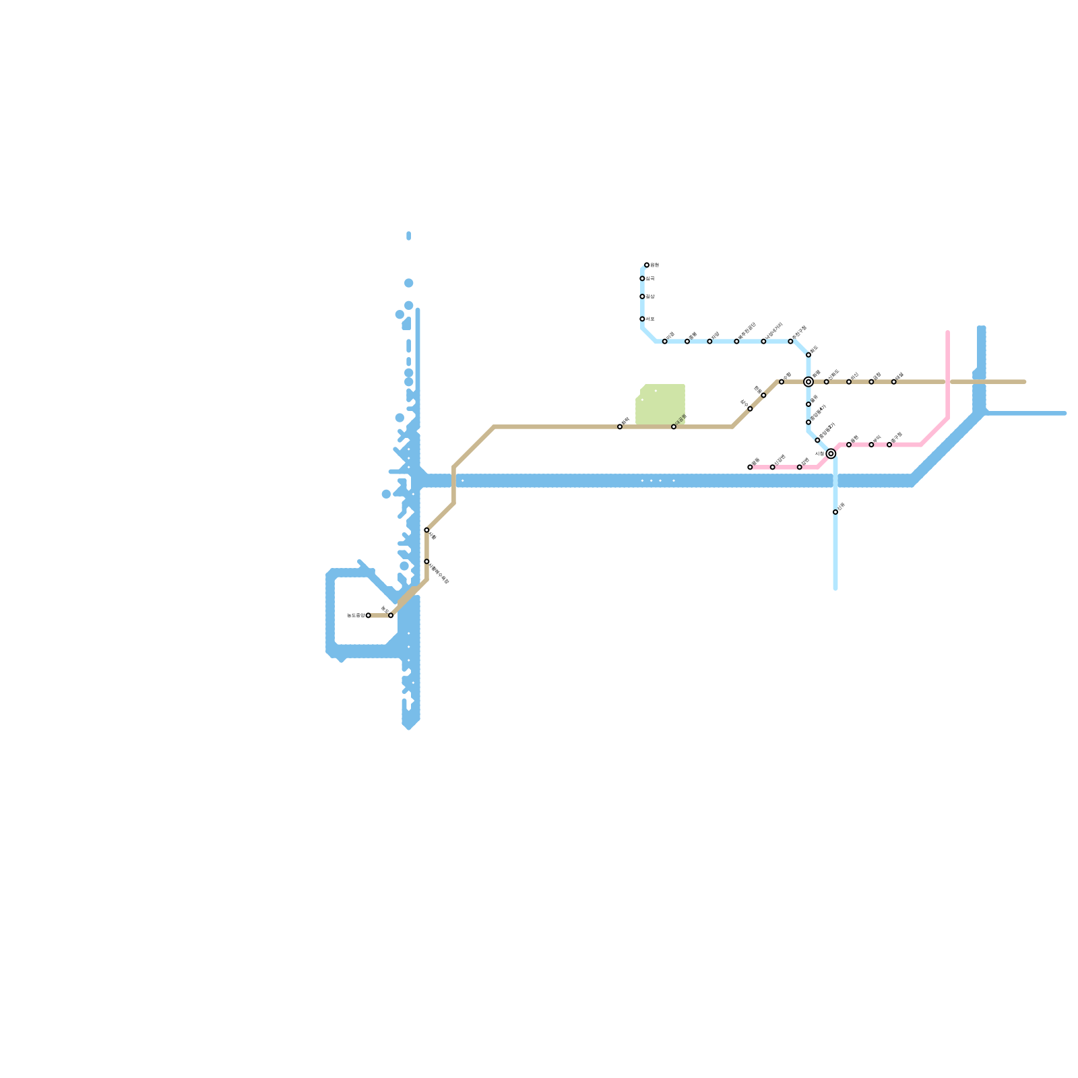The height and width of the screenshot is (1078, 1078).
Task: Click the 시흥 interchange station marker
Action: (831, 454)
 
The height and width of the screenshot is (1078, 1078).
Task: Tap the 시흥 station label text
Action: (819, 453)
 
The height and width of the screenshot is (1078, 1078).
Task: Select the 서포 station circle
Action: (642, 319)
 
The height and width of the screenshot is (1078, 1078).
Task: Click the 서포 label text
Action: (650, 319)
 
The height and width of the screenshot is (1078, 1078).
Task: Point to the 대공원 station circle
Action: (674, 427)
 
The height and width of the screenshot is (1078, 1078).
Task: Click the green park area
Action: (660, 404)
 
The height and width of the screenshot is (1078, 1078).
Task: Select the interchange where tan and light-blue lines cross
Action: (808, 382)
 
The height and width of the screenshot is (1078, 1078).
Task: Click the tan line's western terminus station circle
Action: (368, 616)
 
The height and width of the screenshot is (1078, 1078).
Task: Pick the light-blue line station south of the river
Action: (835, 512)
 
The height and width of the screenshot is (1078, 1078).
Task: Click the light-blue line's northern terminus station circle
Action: (647, 265)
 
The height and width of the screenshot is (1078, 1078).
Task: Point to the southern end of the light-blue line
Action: (835, 589)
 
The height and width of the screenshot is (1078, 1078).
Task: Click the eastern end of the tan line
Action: (1025, 382)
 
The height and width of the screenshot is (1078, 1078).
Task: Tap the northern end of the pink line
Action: (948, 332)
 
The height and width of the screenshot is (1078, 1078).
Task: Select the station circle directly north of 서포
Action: (642, 296)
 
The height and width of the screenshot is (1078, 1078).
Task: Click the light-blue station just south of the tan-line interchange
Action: (808, 404)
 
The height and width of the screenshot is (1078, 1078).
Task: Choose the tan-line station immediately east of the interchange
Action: (827, 382)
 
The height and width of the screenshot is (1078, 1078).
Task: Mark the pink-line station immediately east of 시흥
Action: (849, 445)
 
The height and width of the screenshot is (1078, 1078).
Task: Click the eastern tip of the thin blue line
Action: (1065, 414)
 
